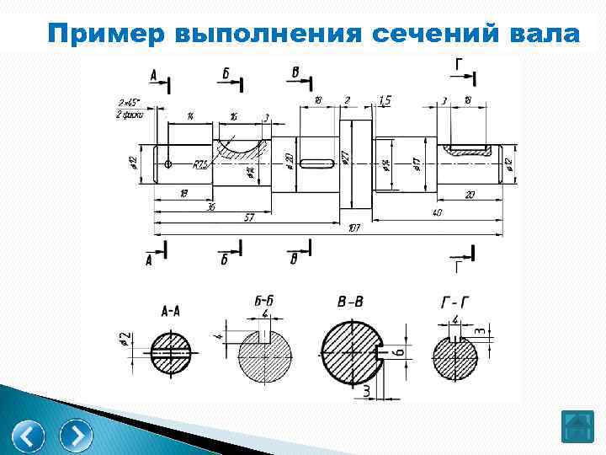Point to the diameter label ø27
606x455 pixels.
(x=345, y=158)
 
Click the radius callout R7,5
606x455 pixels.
(x=200, y=165)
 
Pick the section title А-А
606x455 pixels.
(x=170, y=311)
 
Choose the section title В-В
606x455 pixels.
(x=349, y=301)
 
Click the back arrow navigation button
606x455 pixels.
(x=30, y=436)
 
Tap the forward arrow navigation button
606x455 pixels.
(x=76, y=436)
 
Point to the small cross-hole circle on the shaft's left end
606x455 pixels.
(x=168, y=163)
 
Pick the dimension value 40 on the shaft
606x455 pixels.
(x=437, y=213)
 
